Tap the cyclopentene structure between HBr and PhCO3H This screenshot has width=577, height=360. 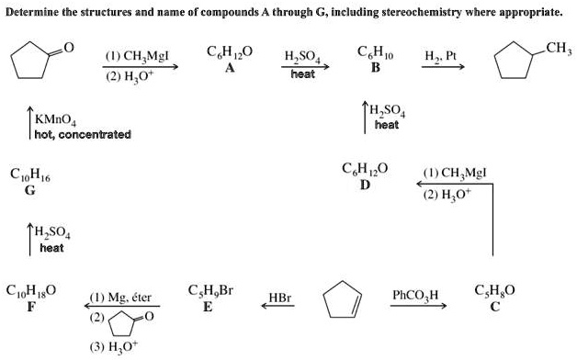343,299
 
